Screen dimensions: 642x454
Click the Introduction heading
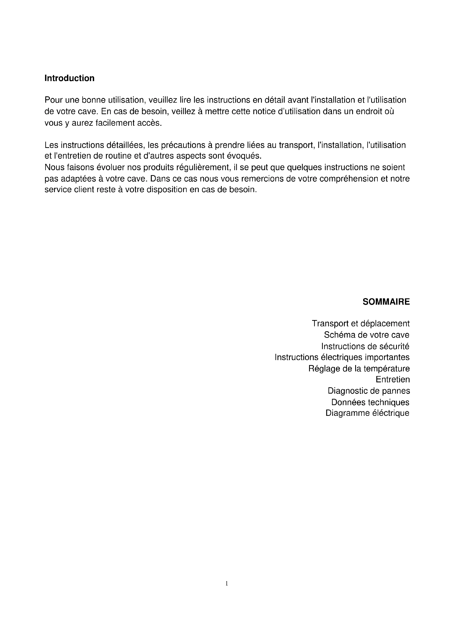click(x=69, y=78)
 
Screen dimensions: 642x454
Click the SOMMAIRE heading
click(x=386, y=302)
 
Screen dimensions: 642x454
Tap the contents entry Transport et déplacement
click(x=361, y=324)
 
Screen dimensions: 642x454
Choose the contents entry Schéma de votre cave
click(x=366, y=335)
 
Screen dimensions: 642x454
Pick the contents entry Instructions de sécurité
click(x=365, y=346)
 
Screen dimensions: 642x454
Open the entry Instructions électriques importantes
click(x=342, y=357)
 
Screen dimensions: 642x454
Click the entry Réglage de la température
click(x=359, y=369)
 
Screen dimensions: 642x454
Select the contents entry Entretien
click(x=393, y=379)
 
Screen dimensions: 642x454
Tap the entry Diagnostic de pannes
click(x=369, y=391)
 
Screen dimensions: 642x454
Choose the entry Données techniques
click(x=370, y=402)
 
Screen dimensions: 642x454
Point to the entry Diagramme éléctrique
click(x=367, y=413)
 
